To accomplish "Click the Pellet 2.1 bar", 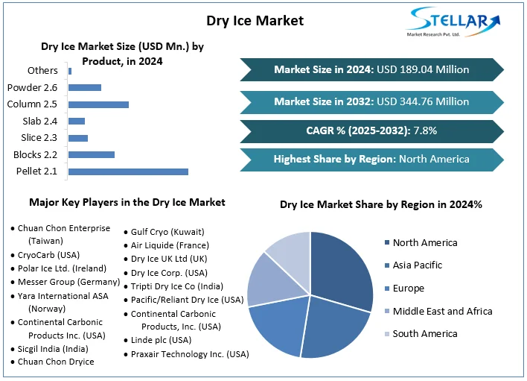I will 128,171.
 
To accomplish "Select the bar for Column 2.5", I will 98,104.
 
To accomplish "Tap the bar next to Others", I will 70,71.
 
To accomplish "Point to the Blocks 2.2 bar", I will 92,154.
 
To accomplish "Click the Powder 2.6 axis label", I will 32,87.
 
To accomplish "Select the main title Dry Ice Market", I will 255,20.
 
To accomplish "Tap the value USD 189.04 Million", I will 423,70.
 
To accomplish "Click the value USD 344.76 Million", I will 423,101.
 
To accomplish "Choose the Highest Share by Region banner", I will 371,159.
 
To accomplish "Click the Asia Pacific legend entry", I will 417,265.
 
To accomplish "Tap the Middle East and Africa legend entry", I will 442,311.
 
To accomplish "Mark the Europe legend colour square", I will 387,289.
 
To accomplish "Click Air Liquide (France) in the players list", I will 170,245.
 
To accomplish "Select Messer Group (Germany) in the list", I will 68,282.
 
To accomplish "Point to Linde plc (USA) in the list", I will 161,340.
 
